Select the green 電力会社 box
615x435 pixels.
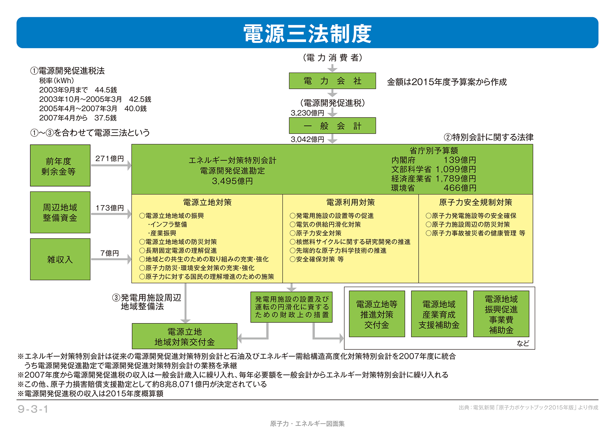[x=332, y=81]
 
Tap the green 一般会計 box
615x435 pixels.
[x=332, y=126]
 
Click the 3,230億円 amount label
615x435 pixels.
[x=307, y=113]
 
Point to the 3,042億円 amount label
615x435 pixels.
[x=307, y=139]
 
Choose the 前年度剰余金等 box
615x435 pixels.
[x=60, y=166]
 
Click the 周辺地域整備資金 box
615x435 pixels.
[x=60, y=212]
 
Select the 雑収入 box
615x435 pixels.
[x=60, y=259]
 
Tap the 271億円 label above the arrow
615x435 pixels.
[x=109, y=159]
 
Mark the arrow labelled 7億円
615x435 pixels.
[x=111, y=259]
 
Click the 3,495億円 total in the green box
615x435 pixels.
[x=232, y=181]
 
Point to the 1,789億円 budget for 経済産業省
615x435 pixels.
[x=455, y=179]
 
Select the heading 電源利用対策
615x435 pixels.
[x=350, y=202]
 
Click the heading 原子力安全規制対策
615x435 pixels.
[x=475, y=202]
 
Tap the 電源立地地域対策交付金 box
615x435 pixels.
[x=184, y=336]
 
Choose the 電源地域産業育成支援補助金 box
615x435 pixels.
[x=439, y=314]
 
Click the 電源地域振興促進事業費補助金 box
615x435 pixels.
[x=501, y=314]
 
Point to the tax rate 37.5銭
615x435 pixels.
[x=105, y=118]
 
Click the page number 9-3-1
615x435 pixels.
[x=33, y=409]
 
